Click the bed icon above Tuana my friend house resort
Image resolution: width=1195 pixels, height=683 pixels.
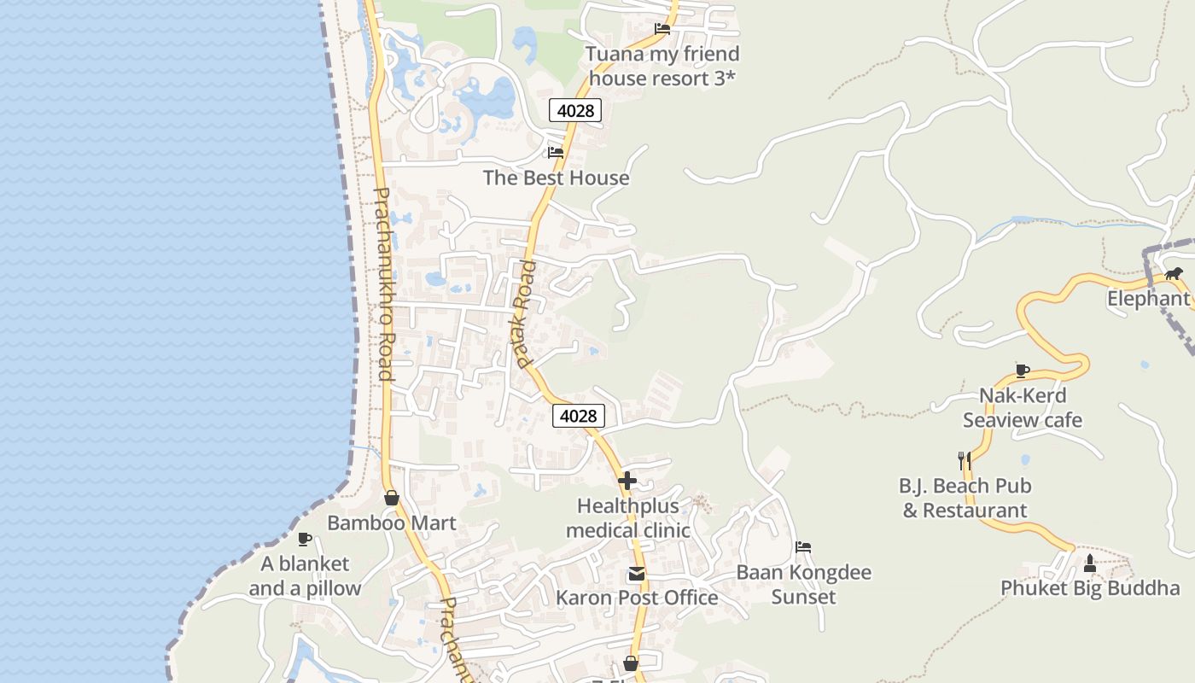[x=662, y=28]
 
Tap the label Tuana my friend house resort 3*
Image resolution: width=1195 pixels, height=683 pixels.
[x=662, y=66]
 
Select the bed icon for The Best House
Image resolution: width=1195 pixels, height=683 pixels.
[x=556, y=153]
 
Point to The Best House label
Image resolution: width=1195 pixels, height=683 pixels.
[x=556, y=178]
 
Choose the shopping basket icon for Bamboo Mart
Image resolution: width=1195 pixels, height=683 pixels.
[x=392, y=498]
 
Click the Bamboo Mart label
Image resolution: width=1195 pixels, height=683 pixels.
[x=392, y=522]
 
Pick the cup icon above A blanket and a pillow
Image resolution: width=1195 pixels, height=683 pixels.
[x=305, y=539]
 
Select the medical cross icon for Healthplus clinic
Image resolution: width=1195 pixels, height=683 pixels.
[x=627, y=481]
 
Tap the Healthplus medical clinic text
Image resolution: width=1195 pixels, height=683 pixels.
[x=627, y=517]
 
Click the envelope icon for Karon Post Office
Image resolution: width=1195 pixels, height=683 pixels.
[x=637, y=574]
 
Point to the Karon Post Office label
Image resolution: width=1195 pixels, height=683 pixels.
[x=637, y=597]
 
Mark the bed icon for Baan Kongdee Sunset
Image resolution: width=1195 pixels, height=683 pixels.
[x=803, y=547]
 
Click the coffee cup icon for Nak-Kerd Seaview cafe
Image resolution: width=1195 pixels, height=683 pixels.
[x=1023, y=371]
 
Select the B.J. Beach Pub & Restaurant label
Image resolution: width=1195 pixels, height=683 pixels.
[x=965, y=498]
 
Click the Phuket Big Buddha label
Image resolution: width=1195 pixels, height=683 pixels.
[x=1090, y=588]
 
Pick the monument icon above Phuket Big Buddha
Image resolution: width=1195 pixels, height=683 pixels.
[x=1090, y=563]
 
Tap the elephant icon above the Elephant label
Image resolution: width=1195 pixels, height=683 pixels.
[x=1175, y=274]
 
